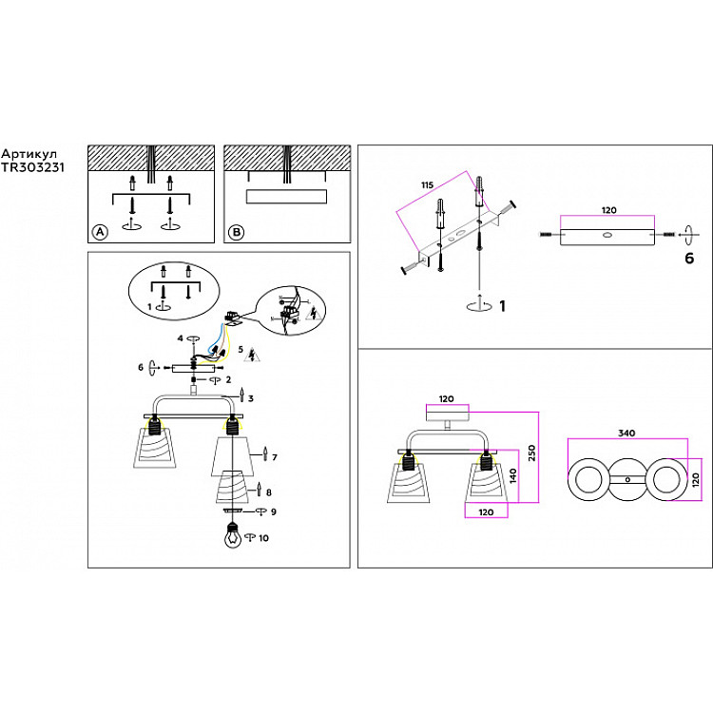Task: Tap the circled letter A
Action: coord(98,232)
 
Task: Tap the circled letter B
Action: coord(236,232)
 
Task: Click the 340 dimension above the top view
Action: coord(625,434)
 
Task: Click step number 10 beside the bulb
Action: coord(263,539)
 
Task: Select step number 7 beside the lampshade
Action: coord(274,458)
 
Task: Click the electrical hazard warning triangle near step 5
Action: coord(252,356)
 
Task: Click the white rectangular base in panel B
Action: coord(286,197)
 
